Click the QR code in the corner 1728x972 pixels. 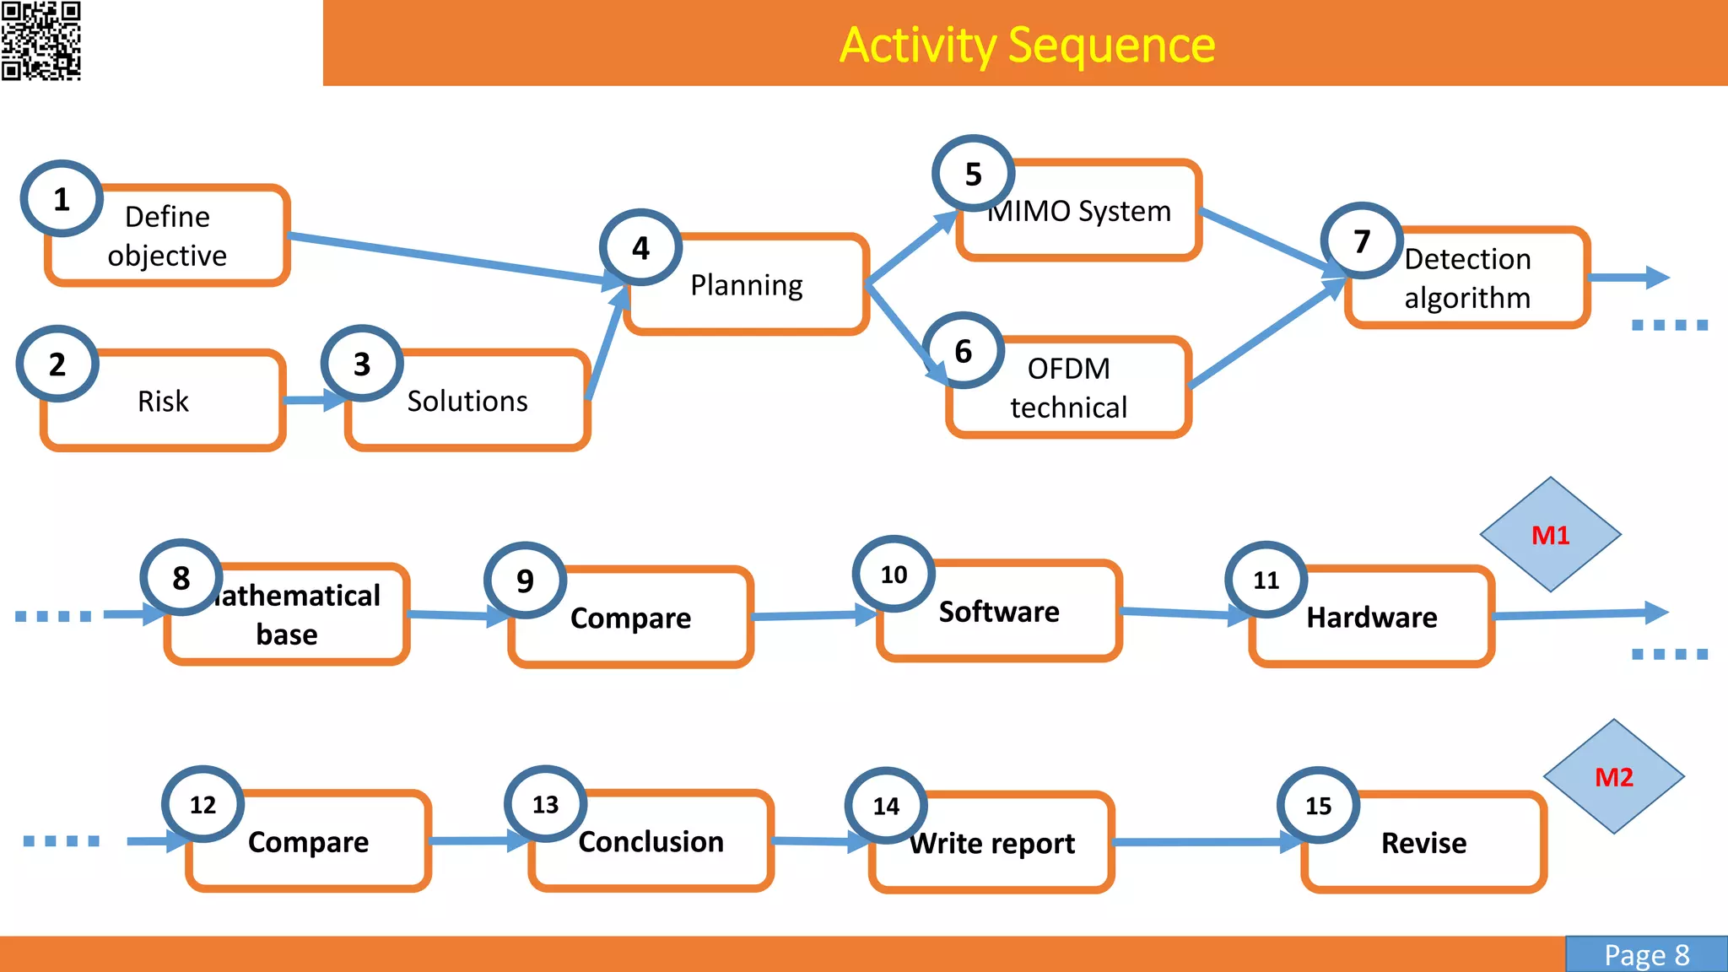[x=40, y=40]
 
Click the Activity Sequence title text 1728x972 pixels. [x=1027, y=45]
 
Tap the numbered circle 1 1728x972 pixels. [x=62, y=199]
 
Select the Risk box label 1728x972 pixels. [x=163, y=402]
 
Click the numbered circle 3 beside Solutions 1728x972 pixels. [x=362, y=364]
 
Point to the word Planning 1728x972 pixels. [x=746, y=285]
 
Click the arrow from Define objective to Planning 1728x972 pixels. [x=447, y=258]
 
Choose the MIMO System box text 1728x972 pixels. [x=1080, y=211]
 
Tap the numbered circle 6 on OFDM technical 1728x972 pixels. [x=963, y=351]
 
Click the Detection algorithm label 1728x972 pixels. [x=1467, y=278]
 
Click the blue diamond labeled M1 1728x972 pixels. [x=1550, y=535]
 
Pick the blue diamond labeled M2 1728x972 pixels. [x=1613, y=777]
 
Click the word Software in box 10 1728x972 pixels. [x=999, y=612]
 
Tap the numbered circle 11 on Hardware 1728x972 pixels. [x=1266, y=580]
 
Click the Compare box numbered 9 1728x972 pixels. [x=630, y=618]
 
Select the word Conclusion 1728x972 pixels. [x=651, y=842]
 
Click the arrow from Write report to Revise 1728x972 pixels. [x=1207, y=842]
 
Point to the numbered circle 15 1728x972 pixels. [x=1318, y=806]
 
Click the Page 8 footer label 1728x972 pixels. [x=1646, y=955]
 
